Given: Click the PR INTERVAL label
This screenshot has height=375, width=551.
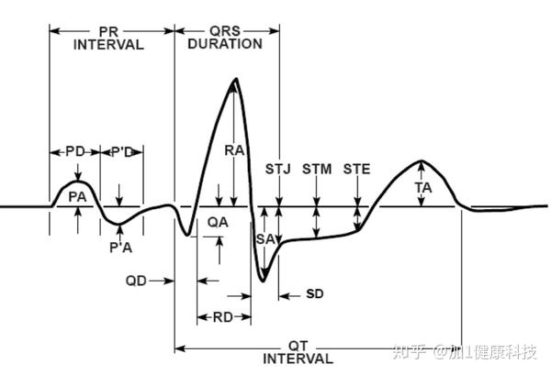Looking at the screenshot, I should pyautogui.click(x=108, y=38).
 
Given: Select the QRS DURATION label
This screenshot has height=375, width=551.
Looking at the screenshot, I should pyautogui.click(x=225, y=38).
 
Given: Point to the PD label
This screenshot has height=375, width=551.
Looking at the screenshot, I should pyautogui.click(x=75, y=151).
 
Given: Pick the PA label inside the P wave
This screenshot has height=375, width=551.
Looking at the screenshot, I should pyautogui.click(x=78, y=195).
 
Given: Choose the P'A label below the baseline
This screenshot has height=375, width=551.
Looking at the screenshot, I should pyautogui.click(x=119, y=247).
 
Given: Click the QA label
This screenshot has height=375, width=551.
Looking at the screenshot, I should pyautogui.click(x=219, y=222).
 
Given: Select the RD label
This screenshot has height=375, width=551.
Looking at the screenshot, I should pyautogui.click(x=222, y=317).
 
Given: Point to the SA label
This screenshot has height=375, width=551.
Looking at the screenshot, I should pyautogui.click(x=264, y=239).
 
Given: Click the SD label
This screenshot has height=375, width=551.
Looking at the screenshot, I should pyautogui.click(x=315, y=294).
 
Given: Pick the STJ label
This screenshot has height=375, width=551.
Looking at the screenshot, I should pyautogui.click(x=278, y=169).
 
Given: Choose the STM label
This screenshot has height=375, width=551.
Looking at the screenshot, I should pyautogui.click(x=317, y=169).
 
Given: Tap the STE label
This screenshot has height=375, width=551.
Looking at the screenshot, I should pyautogui.click(x=357, y=169).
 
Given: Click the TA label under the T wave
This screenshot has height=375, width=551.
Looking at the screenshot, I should pyautogui.click(x=422, y=186).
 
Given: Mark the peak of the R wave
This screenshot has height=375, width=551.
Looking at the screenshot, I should pyautogui.click(x=236, y=80).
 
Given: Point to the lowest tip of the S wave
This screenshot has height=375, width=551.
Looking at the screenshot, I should pyautogui.click(x=264, y=281).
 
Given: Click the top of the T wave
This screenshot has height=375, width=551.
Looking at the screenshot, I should pyautogui.click(x=421, y=161).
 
